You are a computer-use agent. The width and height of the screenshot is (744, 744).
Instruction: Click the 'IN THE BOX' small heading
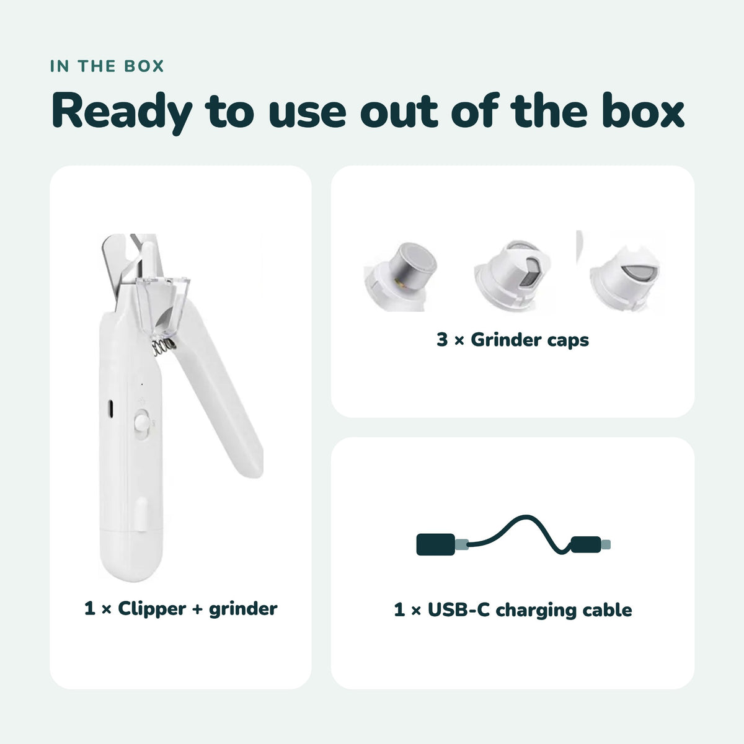107,66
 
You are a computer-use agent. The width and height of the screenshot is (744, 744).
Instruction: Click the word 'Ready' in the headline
122,112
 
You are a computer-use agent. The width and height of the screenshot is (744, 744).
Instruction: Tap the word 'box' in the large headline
643,110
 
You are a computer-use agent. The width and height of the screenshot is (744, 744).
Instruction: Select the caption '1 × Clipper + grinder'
180,609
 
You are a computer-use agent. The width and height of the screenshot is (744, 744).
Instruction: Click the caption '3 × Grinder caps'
513,340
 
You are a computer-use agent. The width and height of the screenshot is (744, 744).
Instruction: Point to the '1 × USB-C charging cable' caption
513,610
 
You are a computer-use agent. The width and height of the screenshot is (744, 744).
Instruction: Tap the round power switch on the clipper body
141,423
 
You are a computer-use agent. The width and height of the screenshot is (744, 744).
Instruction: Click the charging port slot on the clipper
110,409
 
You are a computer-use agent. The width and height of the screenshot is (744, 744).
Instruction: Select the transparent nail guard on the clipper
162,305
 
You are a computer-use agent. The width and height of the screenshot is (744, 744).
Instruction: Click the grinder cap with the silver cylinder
401,277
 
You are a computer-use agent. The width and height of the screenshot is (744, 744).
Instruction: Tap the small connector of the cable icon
590,544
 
